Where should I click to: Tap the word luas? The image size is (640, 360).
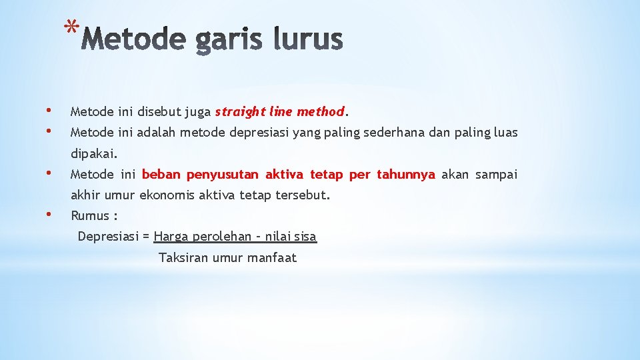coord(505,133)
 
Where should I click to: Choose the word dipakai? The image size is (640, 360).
coord(94,154)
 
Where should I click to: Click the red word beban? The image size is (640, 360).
coord(161,175)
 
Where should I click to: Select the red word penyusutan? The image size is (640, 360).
coord(223,175)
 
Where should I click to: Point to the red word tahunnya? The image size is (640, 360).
coord(406,175)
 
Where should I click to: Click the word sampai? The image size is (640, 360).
coord(494,175)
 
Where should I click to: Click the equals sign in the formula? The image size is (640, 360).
coord(146,237)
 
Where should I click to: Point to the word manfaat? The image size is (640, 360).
coord(271,258)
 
